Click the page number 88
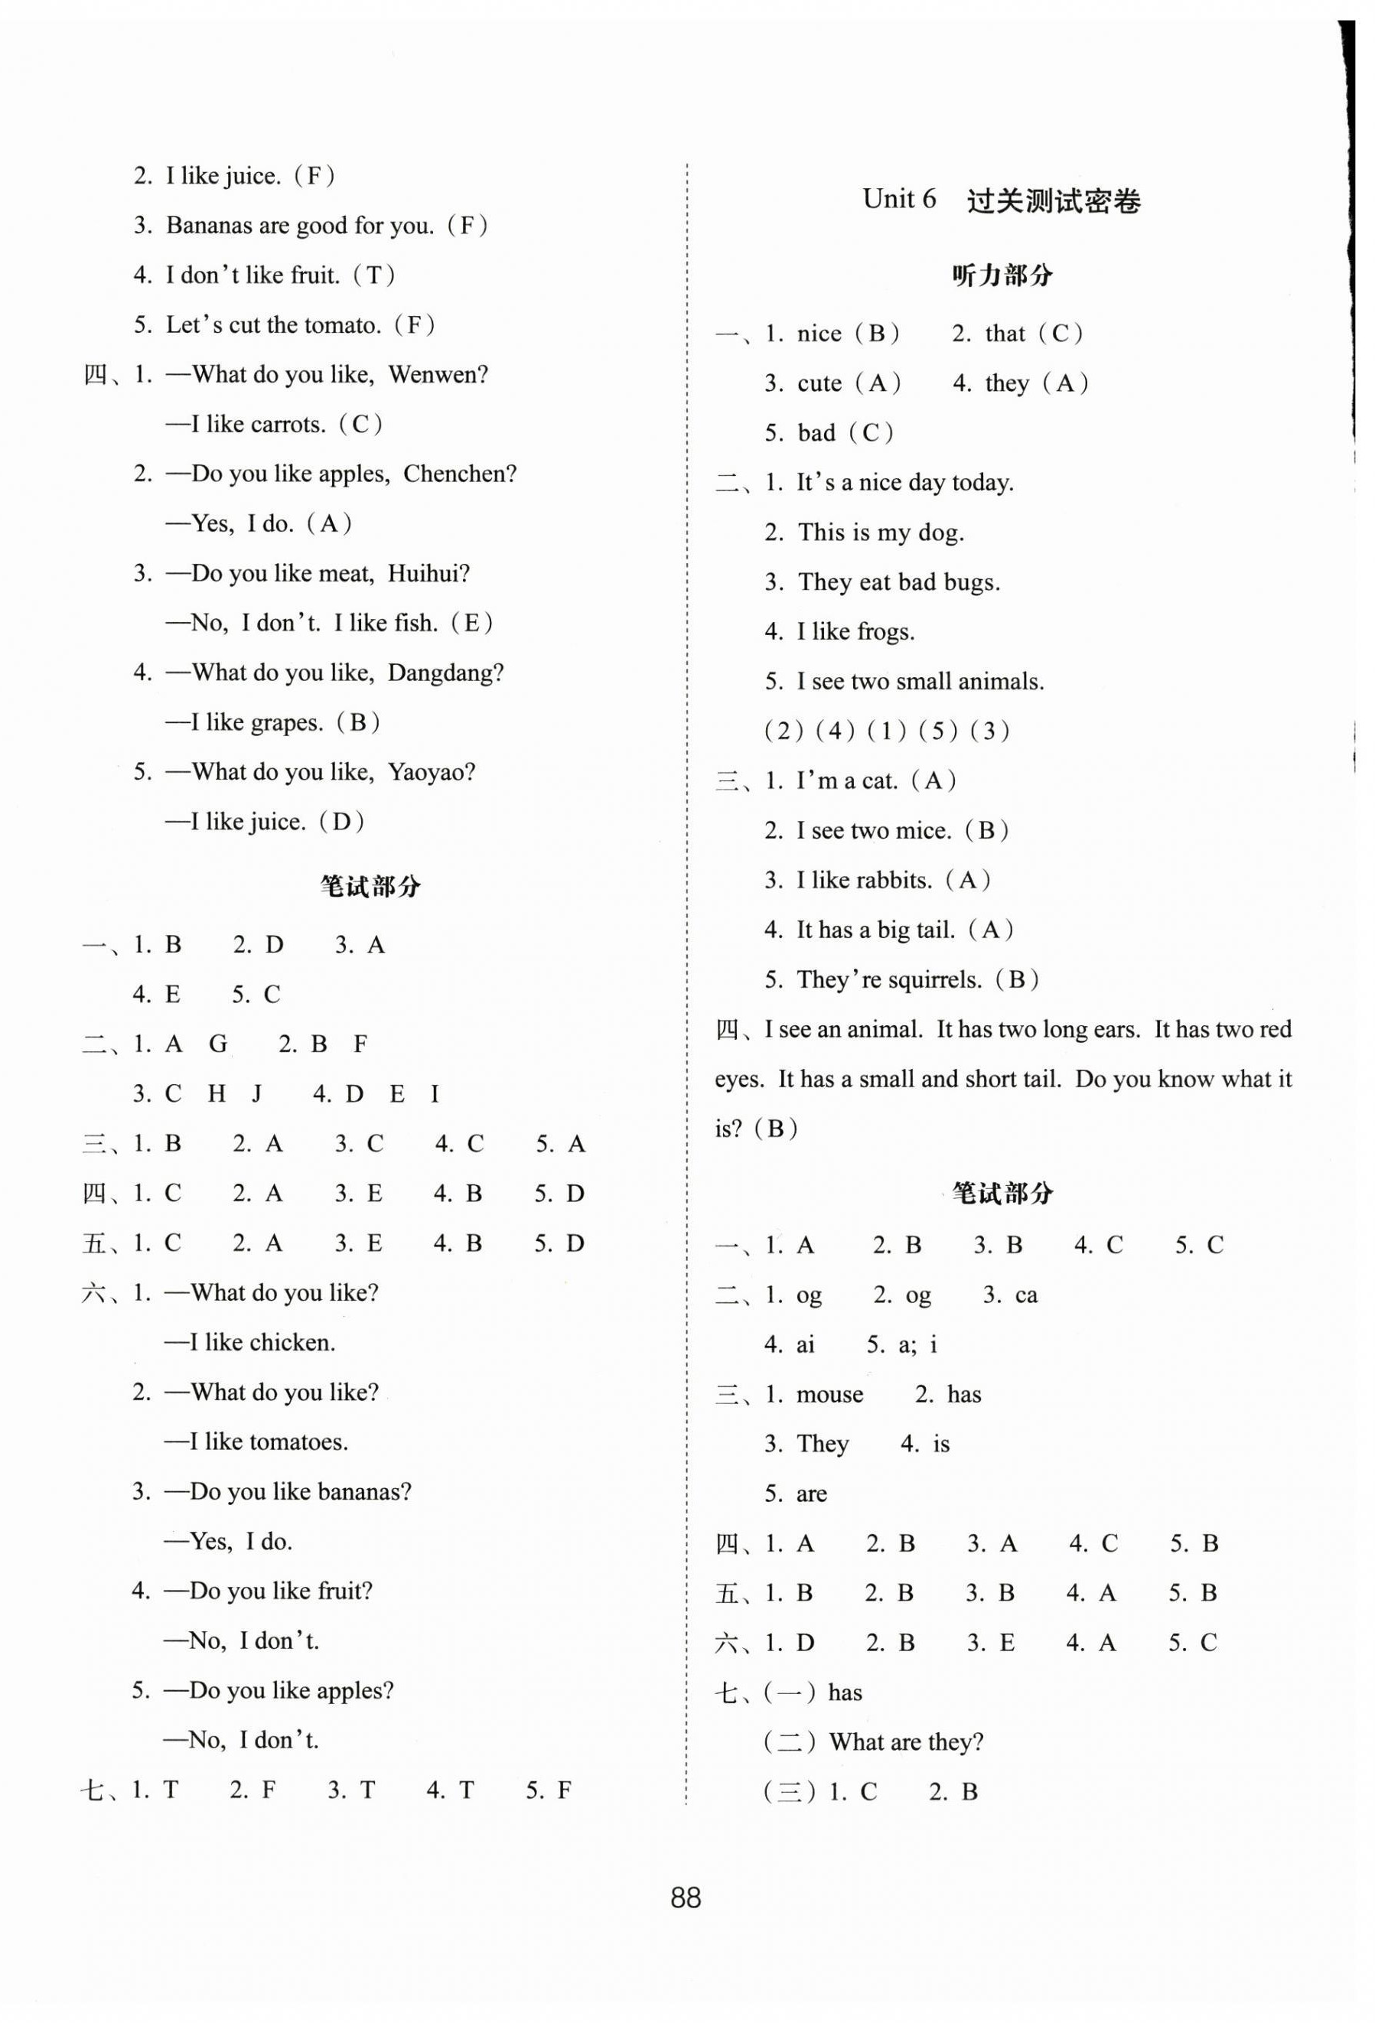point(686,1897)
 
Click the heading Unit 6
point(899,200)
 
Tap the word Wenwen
point(437,375)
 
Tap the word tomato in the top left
point(340,325)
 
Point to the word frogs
point(886,633)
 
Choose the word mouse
point(829,1395)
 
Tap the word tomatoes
point(298,1442)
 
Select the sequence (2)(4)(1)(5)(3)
point(886,731)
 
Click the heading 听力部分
point(1002,276)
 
